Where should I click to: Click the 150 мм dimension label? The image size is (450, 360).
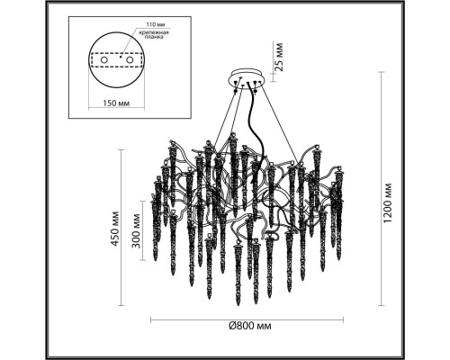click(x=116, y=103)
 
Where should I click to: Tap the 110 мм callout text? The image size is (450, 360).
click(x=156, y=24)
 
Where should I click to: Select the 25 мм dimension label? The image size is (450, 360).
click(x=279, y=57)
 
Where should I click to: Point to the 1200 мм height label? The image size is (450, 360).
click(x=388, y=202)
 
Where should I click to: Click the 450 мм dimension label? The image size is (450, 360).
click(x=115, y=229)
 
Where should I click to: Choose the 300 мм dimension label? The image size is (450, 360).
click(x=136, y=231)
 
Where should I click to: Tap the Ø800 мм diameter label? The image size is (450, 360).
click(x=249, y=326)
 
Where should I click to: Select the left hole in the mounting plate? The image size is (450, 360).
click(x=103, y=60)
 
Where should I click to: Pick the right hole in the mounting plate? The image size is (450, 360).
click(x=130, y=60)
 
